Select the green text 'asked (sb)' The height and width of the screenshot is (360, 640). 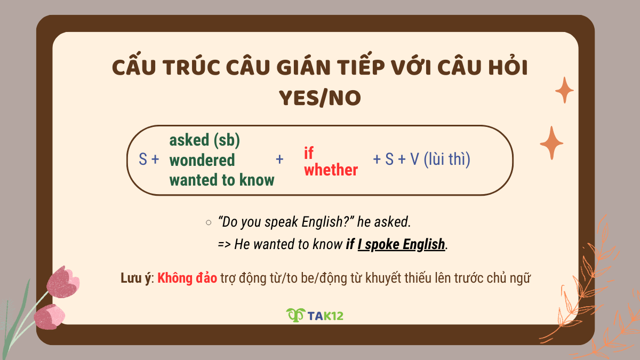pyautogui.click(x=204, y=140)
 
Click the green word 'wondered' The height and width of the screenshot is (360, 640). pyautogui.click(x=202, y=160)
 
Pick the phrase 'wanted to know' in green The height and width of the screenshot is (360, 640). pyautogui.click(x=222, y=180)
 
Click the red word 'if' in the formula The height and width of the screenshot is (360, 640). pyautogui.click(x=308, y=154)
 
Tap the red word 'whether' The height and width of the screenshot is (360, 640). pyautogui.click(x=331, y=170)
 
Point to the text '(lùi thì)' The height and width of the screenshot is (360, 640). pyautogui.click(x=447, y=159)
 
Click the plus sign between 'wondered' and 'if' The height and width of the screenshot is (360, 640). pyautogui.click(x=279, y=159)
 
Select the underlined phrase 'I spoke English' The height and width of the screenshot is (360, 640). pyautogui.click(x=401, y=244)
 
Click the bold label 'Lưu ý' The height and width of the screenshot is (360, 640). pyautogui.click(x=137, y=279)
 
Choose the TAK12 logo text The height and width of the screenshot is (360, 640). pyautogui.click(x=325, y=315)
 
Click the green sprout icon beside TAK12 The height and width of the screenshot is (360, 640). pyautogui.click(x=295, y=315)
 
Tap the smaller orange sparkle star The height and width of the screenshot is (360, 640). pyautogui.click(x=564, y=90)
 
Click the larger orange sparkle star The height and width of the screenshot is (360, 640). pyautogui.click(x=551, y=143)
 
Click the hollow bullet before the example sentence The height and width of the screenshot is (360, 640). pyautogui.click(x=209, y=221)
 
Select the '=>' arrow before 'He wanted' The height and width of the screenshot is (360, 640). pyautogui.click(x=225, y=244)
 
